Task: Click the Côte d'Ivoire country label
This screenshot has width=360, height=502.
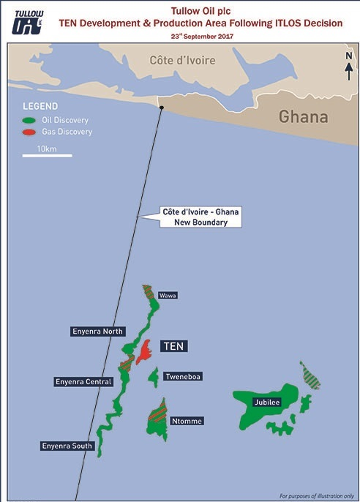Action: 182,60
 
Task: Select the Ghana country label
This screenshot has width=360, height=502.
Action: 304,117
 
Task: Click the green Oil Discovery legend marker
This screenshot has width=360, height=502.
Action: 29,120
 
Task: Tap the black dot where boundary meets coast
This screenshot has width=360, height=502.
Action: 162,108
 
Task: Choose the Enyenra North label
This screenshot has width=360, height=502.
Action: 99,331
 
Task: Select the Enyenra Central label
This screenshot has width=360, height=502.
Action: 83,381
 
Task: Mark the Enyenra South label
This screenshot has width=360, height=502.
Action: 67,445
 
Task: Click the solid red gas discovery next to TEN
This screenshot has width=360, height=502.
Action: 146,351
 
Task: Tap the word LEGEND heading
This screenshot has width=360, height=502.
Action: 40,105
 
